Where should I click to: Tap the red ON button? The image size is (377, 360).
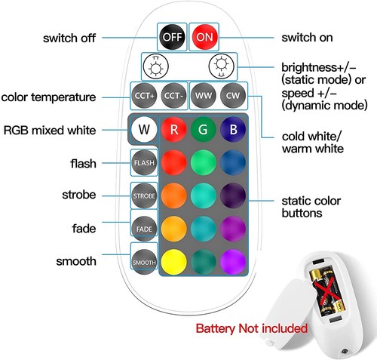pyautogui.click(x=204, y=37)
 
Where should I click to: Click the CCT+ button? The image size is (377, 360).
pyautogui.click(x=144, y=96)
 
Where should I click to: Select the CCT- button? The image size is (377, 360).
pyautogui.click(x=173, y=96)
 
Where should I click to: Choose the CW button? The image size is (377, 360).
pyautogui.click(x=233, y=96)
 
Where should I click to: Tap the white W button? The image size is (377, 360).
pyautogui.click(x=144, y=129)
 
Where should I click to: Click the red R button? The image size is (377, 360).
pyautogui.click(x=174, y=129)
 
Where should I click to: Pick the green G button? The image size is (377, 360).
pyautogui.click(x=203, y=129)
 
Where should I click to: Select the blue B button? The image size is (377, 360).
pyautogui.click(x=233, y=129)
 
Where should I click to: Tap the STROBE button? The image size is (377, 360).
pyautogui.click(x=144, y=195)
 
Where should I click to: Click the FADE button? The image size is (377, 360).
pyautogui.click(x=144, y=229)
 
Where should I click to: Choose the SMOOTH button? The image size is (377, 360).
pyautogui.click(x=144, y=262)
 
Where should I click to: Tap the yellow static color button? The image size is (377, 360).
pyautogui.click(x=174, y=262)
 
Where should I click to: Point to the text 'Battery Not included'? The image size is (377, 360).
pyautogui.click(x=252, y=328)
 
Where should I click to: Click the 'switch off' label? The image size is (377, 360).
pyautogui.click(x=69, y=38)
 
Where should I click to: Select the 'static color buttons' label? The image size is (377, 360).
pyautogui.click(x=311, y=207)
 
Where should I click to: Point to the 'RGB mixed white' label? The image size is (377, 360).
pyautogui.click(x=50, y=131)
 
